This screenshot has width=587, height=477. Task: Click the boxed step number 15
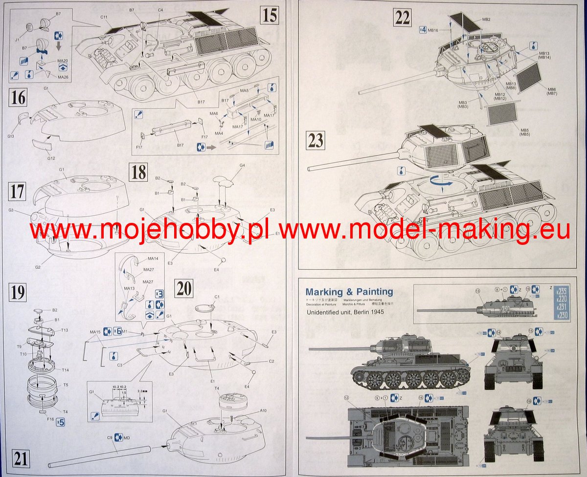click(x=270, y=15)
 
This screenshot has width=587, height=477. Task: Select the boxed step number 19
click(x=18, y=292)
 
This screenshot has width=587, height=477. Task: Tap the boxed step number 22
click(x=402, y=18)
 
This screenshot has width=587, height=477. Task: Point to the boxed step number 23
click(x=316, y=141)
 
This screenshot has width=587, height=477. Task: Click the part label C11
click(x=104, y=17)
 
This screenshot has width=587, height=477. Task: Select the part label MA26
click(x=63, y=77)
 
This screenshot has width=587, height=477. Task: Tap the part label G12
click(x=50, y=157)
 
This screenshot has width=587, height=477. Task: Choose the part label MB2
click(x=486, y=19)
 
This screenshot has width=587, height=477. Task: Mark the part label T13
click(x=65, y=330)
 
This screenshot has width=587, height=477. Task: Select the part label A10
click(x=263, y=410)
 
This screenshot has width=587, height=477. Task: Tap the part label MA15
click(x=95, y=332)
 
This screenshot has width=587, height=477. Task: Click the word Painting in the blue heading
click(x=374, y=292)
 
